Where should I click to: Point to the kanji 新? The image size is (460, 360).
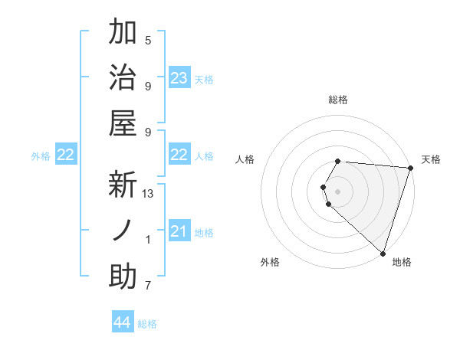pyautogui.click(x=123, y=185)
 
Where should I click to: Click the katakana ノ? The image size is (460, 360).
pyautogui.click(x=123, y=231)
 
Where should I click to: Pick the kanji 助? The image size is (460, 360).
pyautogui.click(x=123, y=277)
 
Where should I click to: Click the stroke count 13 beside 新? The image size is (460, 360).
pyautogui.click(x=149, y=194)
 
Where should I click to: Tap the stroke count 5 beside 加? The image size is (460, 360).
pyautogui.click(x=148, y=41)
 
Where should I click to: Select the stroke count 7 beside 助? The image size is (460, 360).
pyautogui.click(x=148, y=286)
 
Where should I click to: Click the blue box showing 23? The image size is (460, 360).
pyautogui.click(x=179, y=78)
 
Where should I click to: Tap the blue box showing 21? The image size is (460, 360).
pyautogui.click(x=179, y=231)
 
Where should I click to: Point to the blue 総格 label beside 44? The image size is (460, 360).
pyautogui.click(x=147, y=324)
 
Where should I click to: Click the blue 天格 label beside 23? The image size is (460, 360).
pyautogui.click(x=204, y=79)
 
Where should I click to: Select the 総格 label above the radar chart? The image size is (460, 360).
pyautogui.click(x=338, y=100)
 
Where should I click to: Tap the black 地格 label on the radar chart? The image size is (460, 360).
pyautogui.click(x=402, y=262)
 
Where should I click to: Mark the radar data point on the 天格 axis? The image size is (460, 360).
pyautogui.click(x=410, y=169)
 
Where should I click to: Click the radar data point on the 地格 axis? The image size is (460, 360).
pyautogui.click(x=383, y=254)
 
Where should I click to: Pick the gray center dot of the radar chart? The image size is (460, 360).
pyautogui.click(x=338, y=190)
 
